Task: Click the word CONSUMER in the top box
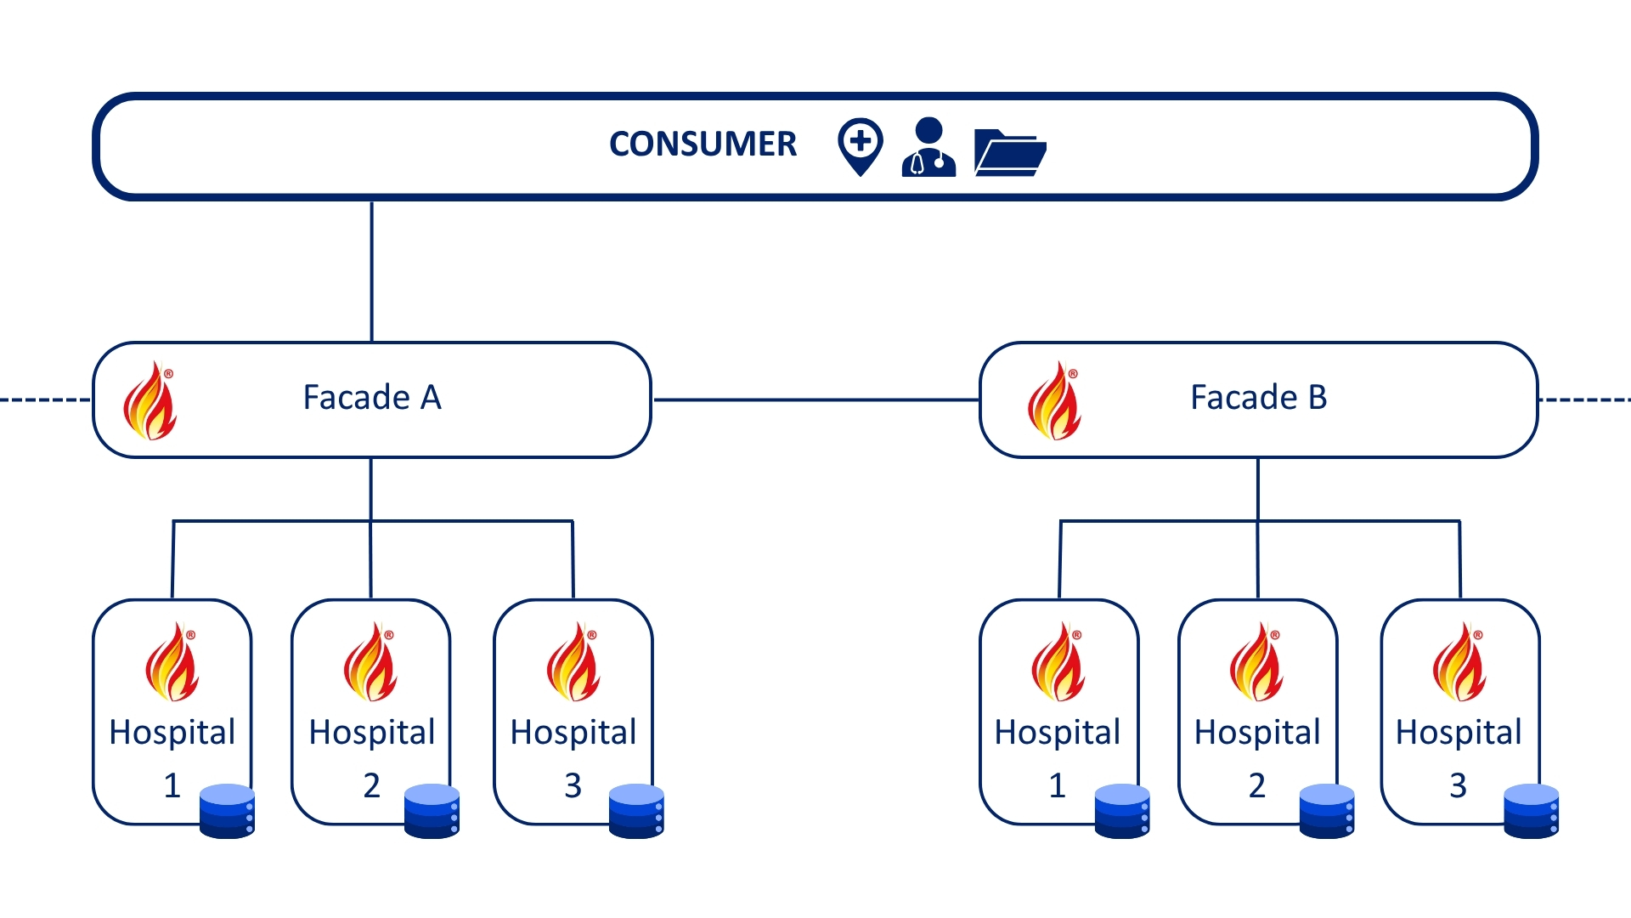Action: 703,144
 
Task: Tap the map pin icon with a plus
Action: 860,145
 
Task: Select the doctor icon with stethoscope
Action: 928,147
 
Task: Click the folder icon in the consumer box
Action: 1009,153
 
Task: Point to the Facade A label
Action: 372,398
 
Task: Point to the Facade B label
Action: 1258,398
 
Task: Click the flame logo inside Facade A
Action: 150,400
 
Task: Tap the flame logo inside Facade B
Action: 1054,400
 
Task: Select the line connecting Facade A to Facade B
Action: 815,399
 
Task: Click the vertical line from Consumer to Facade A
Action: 372,272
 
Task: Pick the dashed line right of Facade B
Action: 1585,399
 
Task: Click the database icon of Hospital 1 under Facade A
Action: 227,812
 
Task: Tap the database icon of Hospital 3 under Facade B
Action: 1531,812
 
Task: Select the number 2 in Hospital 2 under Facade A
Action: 371,785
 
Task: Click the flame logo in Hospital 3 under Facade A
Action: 573,662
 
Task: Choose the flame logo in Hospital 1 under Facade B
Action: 1058,662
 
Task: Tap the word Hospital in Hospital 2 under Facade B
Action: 1257,733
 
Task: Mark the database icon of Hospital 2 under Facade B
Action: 1327,812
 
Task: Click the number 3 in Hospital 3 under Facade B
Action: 1458,785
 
